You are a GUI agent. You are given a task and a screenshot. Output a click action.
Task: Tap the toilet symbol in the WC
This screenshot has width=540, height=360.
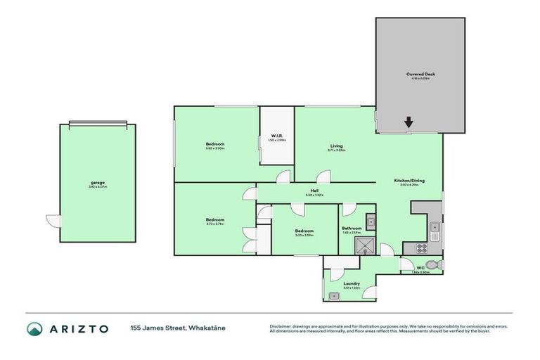(435, 265)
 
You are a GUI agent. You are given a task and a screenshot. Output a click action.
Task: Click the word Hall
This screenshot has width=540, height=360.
(314, 190)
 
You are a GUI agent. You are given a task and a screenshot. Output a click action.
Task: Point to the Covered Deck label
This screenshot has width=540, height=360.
(420, 74)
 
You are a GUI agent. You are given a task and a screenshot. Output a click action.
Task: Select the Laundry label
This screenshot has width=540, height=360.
(352, 283)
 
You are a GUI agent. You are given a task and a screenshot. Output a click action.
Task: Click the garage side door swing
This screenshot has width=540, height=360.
(53, 221)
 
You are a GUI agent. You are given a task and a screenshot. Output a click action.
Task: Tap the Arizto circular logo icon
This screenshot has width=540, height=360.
(34, 329)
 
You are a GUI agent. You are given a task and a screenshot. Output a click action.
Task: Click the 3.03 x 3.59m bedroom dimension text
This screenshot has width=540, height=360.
(304, 235)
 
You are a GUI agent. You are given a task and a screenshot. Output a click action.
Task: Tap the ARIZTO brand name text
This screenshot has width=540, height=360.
(78, 329)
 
